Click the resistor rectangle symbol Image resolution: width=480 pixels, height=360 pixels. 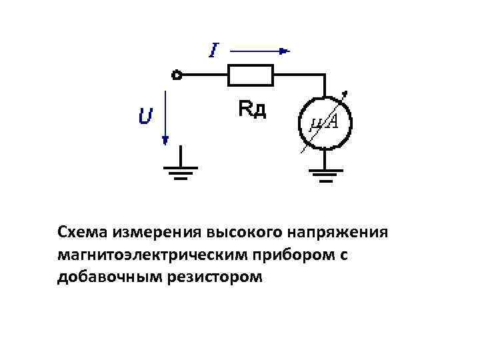coord(251,75)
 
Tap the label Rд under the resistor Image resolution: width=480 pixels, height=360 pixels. coord(252,109)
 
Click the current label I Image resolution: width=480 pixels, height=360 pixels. coord(213,50)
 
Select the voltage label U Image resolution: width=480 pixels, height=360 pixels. coord(145,118)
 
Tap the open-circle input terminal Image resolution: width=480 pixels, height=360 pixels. coord(177,75)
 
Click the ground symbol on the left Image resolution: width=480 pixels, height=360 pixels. coord(178,173)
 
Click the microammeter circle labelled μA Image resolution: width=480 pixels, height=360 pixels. coord(325,121)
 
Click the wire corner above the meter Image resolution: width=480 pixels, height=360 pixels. coord(325,75)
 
